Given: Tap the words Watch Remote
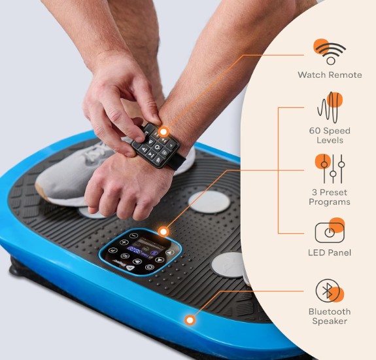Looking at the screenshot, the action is click(330, 75).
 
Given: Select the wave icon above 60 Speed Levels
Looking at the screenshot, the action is click(330, 107).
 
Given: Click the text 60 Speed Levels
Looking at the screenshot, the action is click(330, 135).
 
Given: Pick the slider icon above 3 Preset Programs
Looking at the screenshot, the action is click(330, 168).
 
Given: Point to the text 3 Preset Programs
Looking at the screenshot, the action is click(330, 197).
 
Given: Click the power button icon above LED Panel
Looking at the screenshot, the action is click(330, 231).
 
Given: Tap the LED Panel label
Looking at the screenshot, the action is click(330, 253).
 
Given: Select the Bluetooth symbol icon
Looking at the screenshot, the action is click(329, 291).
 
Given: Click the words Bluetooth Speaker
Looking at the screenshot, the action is click(330, 316).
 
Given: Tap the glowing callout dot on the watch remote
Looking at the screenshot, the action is click(163, 132).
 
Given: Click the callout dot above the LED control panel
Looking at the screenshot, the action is click(163, 232).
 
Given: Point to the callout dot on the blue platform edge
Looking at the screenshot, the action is click(190, 320).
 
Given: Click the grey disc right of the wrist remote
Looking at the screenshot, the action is click(209, 202).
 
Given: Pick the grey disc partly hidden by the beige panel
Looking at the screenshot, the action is click(228, 264).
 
